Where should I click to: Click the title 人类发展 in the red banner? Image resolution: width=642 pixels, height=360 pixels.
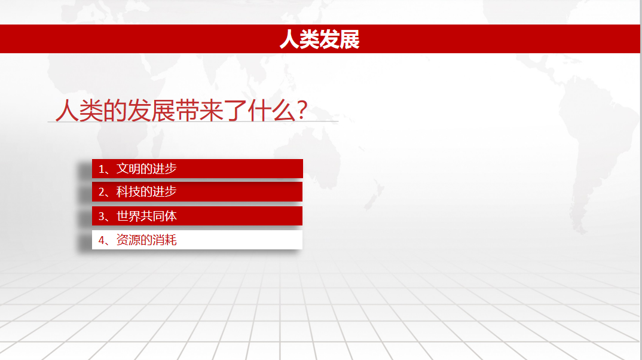(319, 39)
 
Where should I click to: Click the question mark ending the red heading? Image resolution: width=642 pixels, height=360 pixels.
(302, 110)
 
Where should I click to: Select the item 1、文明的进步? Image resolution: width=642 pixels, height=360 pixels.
(197, 168)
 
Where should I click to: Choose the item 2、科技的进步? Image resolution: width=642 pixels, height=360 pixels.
(197, 192)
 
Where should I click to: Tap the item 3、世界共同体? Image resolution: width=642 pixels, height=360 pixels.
(197, 216)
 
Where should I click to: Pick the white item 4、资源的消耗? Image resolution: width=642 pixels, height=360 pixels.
(197, 240)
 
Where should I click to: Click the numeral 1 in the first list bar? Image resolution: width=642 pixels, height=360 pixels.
(101, 169)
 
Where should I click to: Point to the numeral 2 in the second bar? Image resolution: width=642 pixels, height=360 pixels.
(101, 192)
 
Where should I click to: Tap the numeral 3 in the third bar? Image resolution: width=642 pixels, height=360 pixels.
(101, 216)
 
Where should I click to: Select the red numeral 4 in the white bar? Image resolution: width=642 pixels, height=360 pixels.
(101, 240)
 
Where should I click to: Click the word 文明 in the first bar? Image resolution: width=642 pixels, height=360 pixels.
(128, 168)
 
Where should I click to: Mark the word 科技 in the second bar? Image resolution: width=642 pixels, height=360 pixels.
(128, 192)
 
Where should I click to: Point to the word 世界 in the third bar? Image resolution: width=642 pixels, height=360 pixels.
(128, 216)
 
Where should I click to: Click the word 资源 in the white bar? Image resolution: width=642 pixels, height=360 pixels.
(128, 240)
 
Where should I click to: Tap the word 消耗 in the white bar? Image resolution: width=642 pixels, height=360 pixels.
(164, 240)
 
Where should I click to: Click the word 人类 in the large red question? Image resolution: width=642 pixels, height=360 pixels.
(79, 110)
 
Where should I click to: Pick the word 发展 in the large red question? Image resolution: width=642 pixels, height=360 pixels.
(151, 110)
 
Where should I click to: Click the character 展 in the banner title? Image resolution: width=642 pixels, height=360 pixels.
(350, 39)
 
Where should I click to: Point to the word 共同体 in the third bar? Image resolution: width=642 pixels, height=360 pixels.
(158, 216)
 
